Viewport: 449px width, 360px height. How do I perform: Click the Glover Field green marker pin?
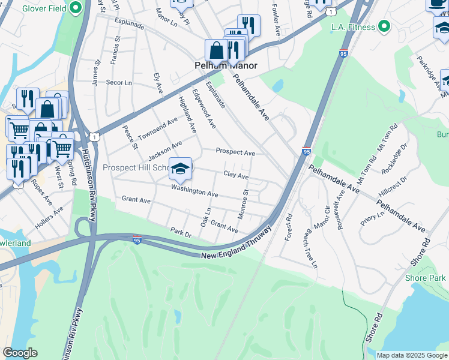pos(76,8)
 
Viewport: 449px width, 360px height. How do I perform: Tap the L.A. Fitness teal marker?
pos(385,27)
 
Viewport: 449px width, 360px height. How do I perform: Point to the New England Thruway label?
pos(237,245)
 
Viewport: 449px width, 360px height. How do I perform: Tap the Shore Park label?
pos(425,278)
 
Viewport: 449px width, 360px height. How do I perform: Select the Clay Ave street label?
pos(236,175)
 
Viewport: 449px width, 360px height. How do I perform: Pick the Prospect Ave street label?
pos(235,152)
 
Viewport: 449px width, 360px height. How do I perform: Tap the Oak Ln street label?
pos(206,217)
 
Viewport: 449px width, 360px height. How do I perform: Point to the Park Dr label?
pos(180,232)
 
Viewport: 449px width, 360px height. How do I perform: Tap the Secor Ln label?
pos(118,82)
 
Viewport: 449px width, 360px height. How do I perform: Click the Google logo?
pos(20,353)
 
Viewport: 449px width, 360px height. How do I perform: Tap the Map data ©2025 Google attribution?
pos(411,355)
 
